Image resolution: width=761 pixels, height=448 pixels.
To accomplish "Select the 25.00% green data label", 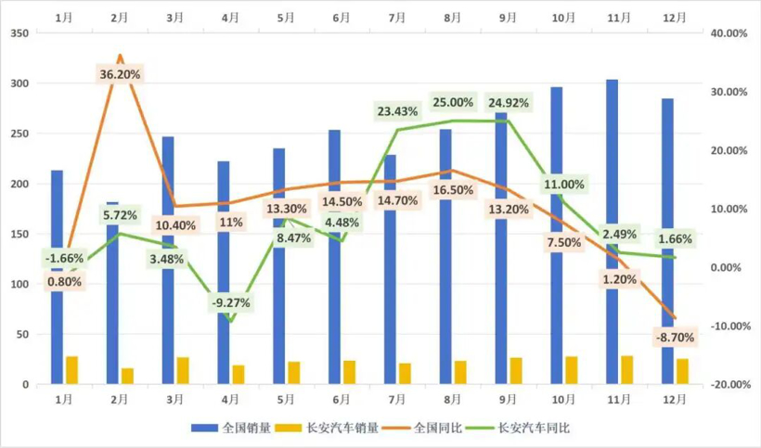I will tap(454, 102).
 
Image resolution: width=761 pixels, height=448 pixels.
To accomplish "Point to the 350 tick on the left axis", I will tap(19, 33).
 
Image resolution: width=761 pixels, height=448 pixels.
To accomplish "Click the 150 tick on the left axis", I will tap(19, 234).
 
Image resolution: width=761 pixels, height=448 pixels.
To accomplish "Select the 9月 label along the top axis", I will tap(509, 18).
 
